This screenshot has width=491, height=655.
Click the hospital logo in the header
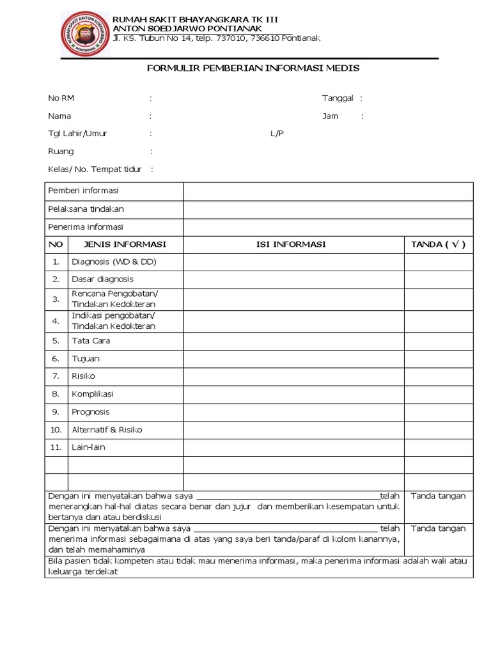[x=85, y=34]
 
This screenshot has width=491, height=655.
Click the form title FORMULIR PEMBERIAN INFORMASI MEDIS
[x=253, y=68]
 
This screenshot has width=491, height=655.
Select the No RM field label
[x=61, y=98]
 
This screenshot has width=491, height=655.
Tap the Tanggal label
[x=338, y=98]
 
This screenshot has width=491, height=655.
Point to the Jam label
[x=330, y=116]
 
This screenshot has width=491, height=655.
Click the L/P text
[x=277, y=134]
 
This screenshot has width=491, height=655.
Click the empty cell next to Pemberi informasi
[x=328, y=191]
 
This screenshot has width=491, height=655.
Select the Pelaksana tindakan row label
[x=86, y=209]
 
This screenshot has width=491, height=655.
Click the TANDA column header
[x=438, y=244]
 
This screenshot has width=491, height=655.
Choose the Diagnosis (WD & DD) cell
[x=114, y=262]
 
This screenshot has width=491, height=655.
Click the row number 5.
[x=56, y=341]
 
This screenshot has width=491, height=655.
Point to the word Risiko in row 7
[x=83, y=376]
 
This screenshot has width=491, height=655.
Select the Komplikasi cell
[x=92, y=394]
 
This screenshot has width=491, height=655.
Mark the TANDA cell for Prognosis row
[x=438, y=412]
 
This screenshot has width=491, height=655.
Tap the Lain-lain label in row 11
[x=88, y=447]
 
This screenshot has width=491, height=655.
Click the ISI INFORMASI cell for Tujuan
[x=293, y=359]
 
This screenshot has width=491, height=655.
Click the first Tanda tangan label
[x=438, y=496]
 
